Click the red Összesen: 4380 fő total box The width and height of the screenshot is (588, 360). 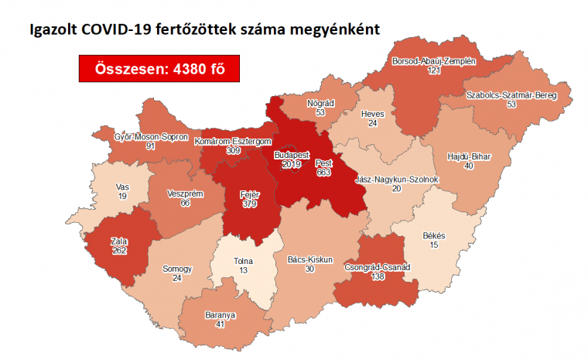(x=158, y=69)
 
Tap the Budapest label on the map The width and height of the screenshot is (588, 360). (x=292, y=155)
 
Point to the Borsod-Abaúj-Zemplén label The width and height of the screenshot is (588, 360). (x=433, y=60)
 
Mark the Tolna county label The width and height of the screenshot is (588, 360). (x=244, y=261)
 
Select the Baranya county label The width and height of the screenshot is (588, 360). (x=220, y=315)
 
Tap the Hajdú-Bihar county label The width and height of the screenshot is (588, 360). (x=469, y=156)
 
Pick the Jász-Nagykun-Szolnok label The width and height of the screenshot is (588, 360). (x=396, y=179)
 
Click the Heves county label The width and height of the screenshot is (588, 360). (x=373, y=114)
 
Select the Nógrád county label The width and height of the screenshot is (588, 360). (x=320, y=102)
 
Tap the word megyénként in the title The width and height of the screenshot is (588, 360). (x=336, y=31)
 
